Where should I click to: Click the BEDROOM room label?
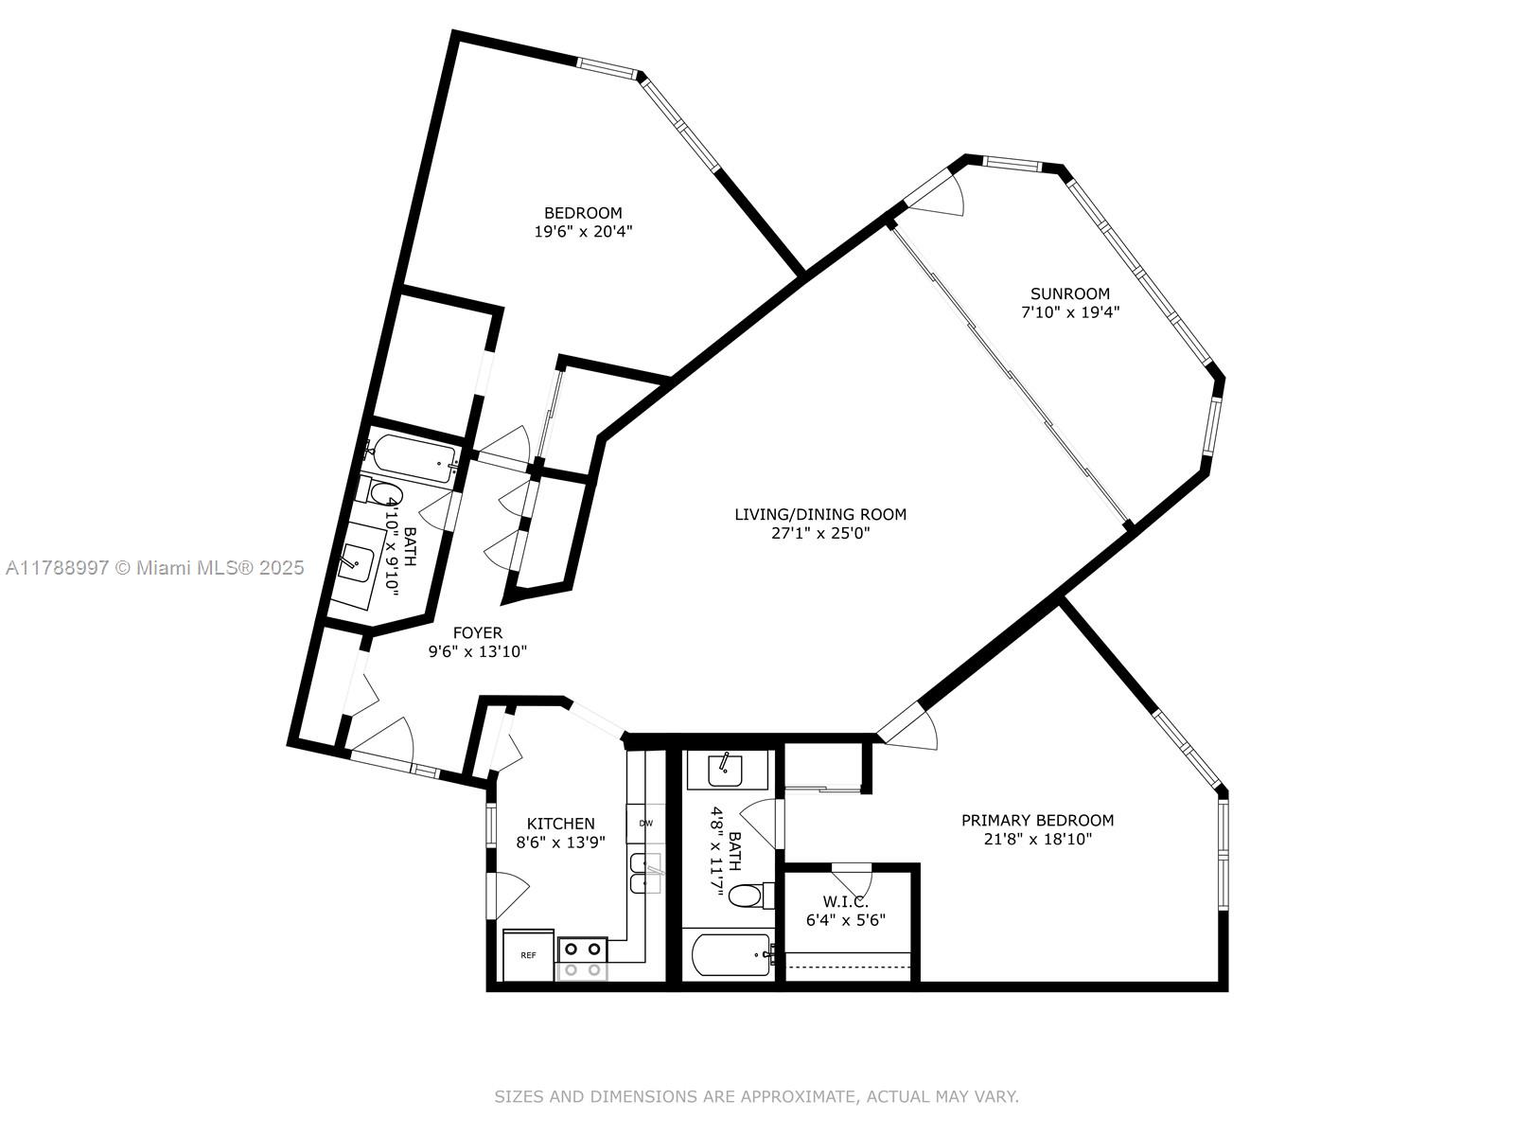click(x=583, y=213)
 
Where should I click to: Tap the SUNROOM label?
click(x=1070, y=293)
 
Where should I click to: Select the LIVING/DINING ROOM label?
click(x=820, y=514)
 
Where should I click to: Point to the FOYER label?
click(x=477, y=632)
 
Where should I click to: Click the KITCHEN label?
click(x=560, y=824)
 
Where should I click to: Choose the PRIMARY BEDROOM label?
click(x=1037, y=820)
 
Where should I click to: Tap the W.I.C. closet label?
click(x=845, y=901)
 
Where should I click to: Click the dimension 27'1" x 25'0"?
click(x=820, y=532)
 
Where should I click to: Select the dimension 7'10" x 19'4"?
click(x=1070, y=311)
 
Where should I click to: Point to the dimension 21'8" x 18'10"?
click(x=1037, y=840)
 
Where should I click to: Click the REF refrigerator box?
click(x=528, y=955)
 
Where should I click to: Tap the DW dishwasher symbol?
click(x=645, y=823)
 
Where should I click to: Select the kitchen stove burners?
click(x=582, y=959)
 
